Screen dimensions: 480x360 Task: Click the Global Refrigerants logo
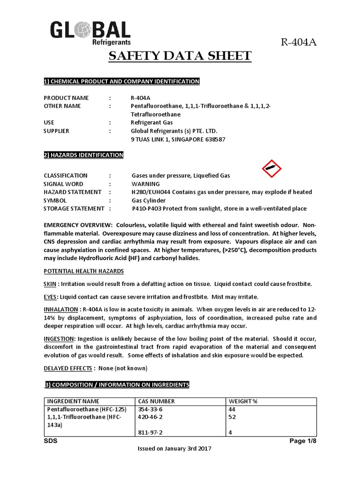click(90, 33)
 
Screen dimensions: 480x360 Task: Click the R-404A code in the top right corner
click(299, 43)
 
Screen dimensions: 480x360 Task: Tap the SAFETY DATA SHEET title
click(180, 57)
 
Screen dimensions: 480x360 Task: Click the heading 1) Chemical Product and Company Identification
click(121, 82)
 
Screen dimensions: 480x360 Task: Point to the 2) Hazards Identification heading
click(83, 155)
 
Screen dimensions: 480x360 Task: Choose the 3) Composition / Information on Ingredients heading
click(117, 385)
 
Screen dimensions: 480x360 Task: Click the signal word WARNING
click(145, 184)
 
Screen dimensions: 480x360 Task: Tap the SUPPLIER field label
click(56, 131)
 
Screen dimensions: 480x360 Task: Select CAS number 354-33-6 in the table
click(150, 409)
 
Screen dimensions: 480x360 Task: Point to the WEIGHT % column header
click(242, 401)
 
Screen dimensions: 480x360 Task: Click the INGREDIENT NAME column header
click(73, 401)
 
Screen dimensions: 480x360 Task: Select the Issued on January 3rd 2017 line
click(174, 449)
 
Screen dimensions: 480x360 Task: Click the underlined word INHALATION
click(61, 309)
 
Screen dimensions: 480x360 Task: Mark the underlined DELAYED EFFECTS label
click(69, 368)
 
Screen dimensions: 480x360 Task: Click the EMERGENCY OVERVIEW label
click(78, 225)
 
